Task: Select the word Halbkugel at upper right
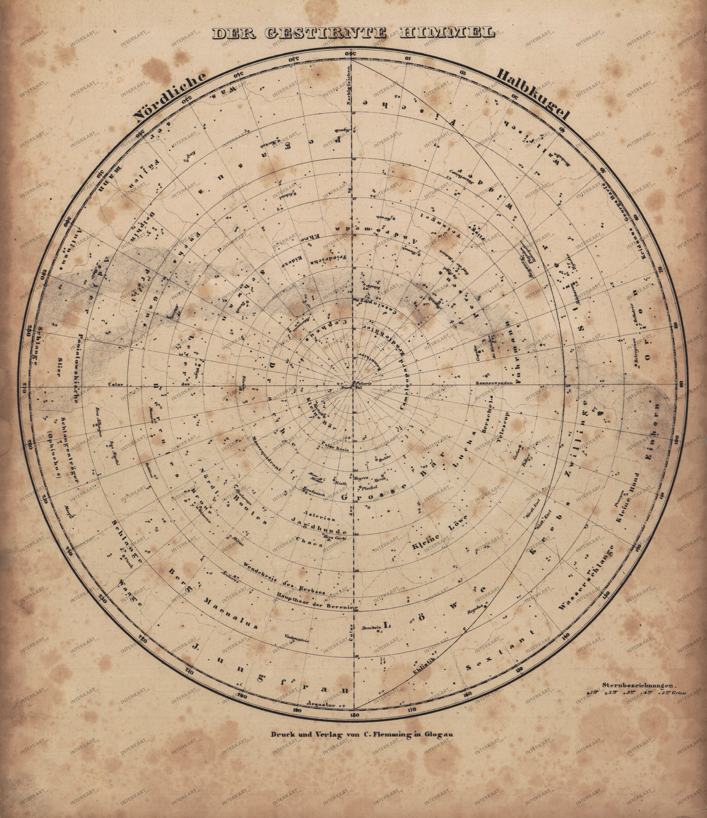click(534, 94)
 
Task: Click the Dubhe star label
click(384, 459)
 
